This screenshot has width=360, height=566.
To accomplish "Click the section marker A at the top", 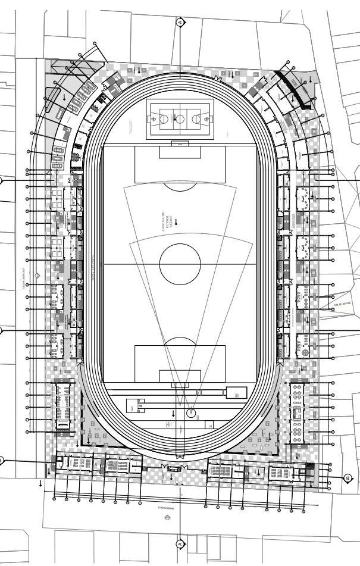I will tap(180, 22).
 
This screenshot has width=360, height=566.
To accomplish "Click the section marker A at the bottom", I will tap(180, 544).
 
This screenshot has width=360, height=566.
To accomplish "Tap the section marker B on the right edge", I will tap(347, 477).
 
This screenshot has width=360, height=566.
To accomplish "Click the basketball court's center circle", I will tap(180, 118).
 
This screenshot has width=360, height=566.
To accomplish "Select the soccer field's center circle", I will tap(180, 263).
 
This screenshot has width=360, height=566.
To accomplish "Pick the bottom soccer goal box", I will tap(180, 376).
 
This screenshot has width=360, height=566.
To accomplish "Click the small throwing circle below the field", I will tap(191, 412).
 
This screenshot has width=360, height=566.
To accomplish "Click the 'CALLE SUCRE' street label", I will tap(342, 304).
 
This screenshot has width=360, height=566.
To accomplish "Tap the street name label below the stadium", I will tap(165, 508).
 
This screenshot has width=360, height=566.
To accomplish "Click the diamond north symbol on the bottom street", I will tap(167, 518).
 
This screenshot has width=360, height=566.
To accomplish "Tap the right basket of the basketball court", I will tap(206, 118).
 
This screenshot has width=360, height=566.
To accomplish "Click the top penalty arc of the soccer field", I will tap(180, 187).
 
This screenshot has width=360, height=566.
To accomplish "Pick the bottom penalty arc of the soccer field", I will tap(180, 340).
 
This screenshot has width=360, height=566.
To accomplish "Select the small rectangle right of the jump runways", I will tap(236, 392).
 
